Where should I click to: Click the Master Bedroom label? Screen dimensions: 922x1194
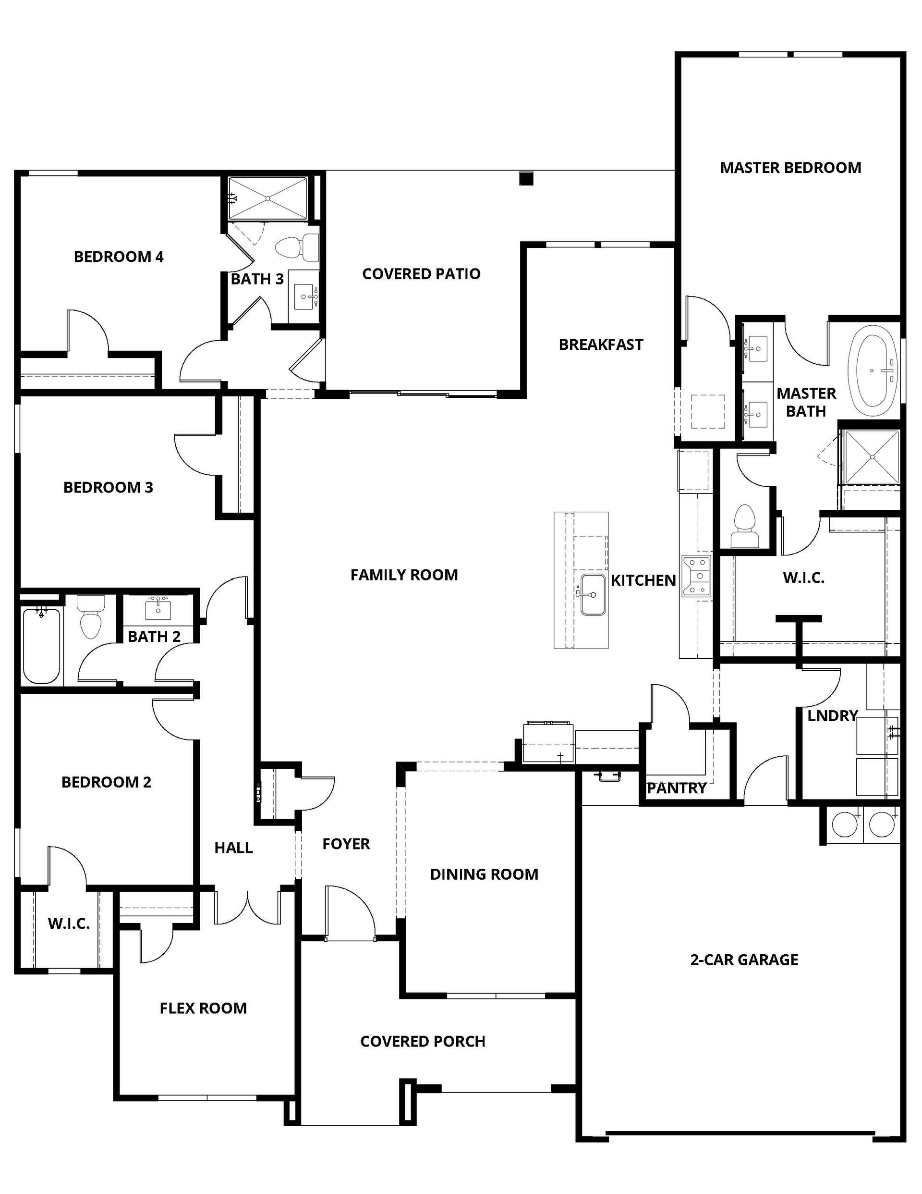[790, 168]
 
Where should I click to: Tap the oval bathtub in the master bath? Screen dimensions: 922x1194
[873, 369]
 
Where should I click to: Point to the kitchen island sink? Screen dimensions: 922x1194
[593, 594]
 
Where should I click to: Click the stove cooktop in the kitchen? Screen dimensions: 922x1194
[696, 575]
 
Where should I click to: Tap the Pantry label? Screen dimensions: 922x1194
[677, 788]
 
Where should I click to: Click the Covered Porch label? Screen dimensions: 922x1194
[423, 1042]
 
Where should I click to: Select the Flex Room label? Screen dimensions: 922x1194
[203, 1008]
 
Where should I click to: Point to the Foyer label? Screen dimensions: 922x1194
[346, 844]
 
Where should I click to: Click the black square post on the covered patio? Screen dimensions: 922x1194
[526, 179]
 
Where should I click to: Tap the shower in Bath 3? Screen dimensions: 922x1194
[268, 198]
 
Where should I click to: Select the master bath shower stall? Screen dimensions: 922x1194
[872, 457]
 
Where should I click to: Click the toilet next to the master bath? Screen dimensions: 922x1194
[744, 526]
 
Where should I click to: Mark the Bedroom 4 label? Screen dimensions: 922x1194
[119, 257]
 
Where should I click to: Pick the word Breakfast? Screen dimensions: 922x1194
[601, 345]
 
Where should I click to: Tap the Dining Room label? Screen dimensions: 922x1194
[484, 874]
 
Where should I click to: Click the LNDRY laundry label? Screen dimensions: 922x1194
[832, 715]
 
